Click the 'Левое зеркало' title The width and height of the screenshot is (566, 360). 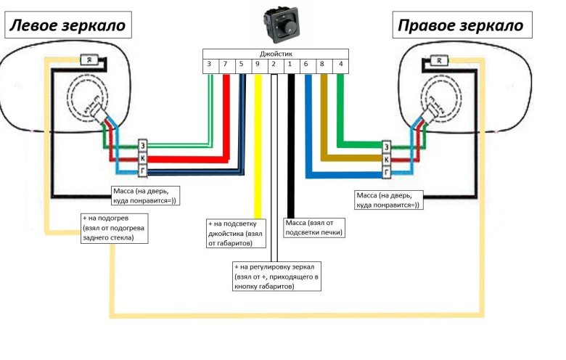[67, 26]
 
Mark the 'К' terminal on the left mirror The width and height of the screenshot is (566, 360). [142, 157]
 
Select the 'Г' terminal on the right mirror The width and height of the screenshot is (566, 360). [387, 172]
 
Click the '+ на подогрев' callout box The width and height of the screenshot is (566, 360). [114, 228]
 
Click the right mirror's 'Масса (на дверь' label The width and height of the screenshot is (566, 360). [387, 200]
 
